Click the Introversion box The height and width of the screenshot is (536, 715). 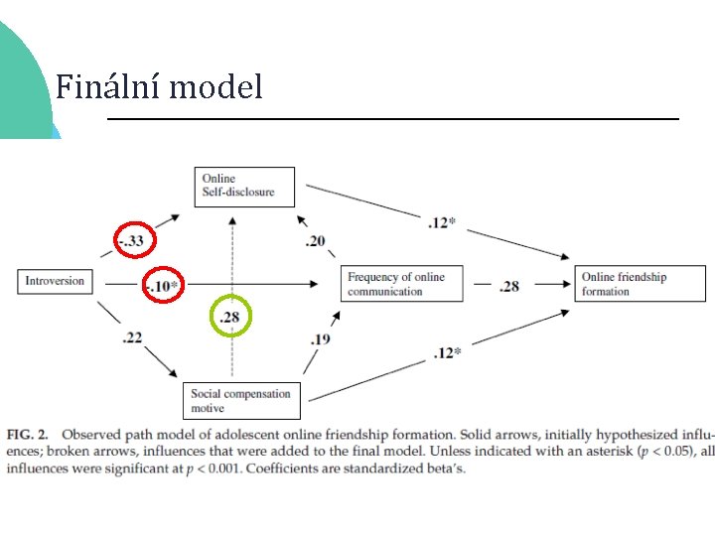(x=56, y=282)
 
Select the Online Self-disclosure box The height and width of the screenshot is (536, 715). (x=245, y=186)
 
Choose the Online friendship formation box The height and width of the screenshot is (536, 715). (x=624, y=284)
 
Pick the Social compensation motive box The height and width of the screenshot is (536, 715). (x=242, y=400)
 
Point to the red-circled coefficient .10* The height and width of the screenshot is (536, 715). (x=163, y=287)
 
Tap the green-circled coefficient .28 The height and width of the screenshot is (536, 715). (x=230, y=318)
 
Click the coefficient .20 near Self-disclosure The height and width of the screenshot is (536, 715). (x=315, y=241)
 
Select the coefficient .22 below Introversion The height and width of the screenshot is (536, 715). (x=132, y=338)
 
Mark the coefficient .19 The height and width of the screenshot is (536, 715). (x=320, y=339)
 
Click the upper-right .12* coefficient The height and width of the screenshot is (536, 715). (x=442, y=223)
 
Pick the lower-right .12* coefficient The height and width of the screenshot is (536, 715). (x=448, y=353)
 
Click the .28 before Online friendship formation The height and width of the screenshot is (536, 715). (x=509, y=286)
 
